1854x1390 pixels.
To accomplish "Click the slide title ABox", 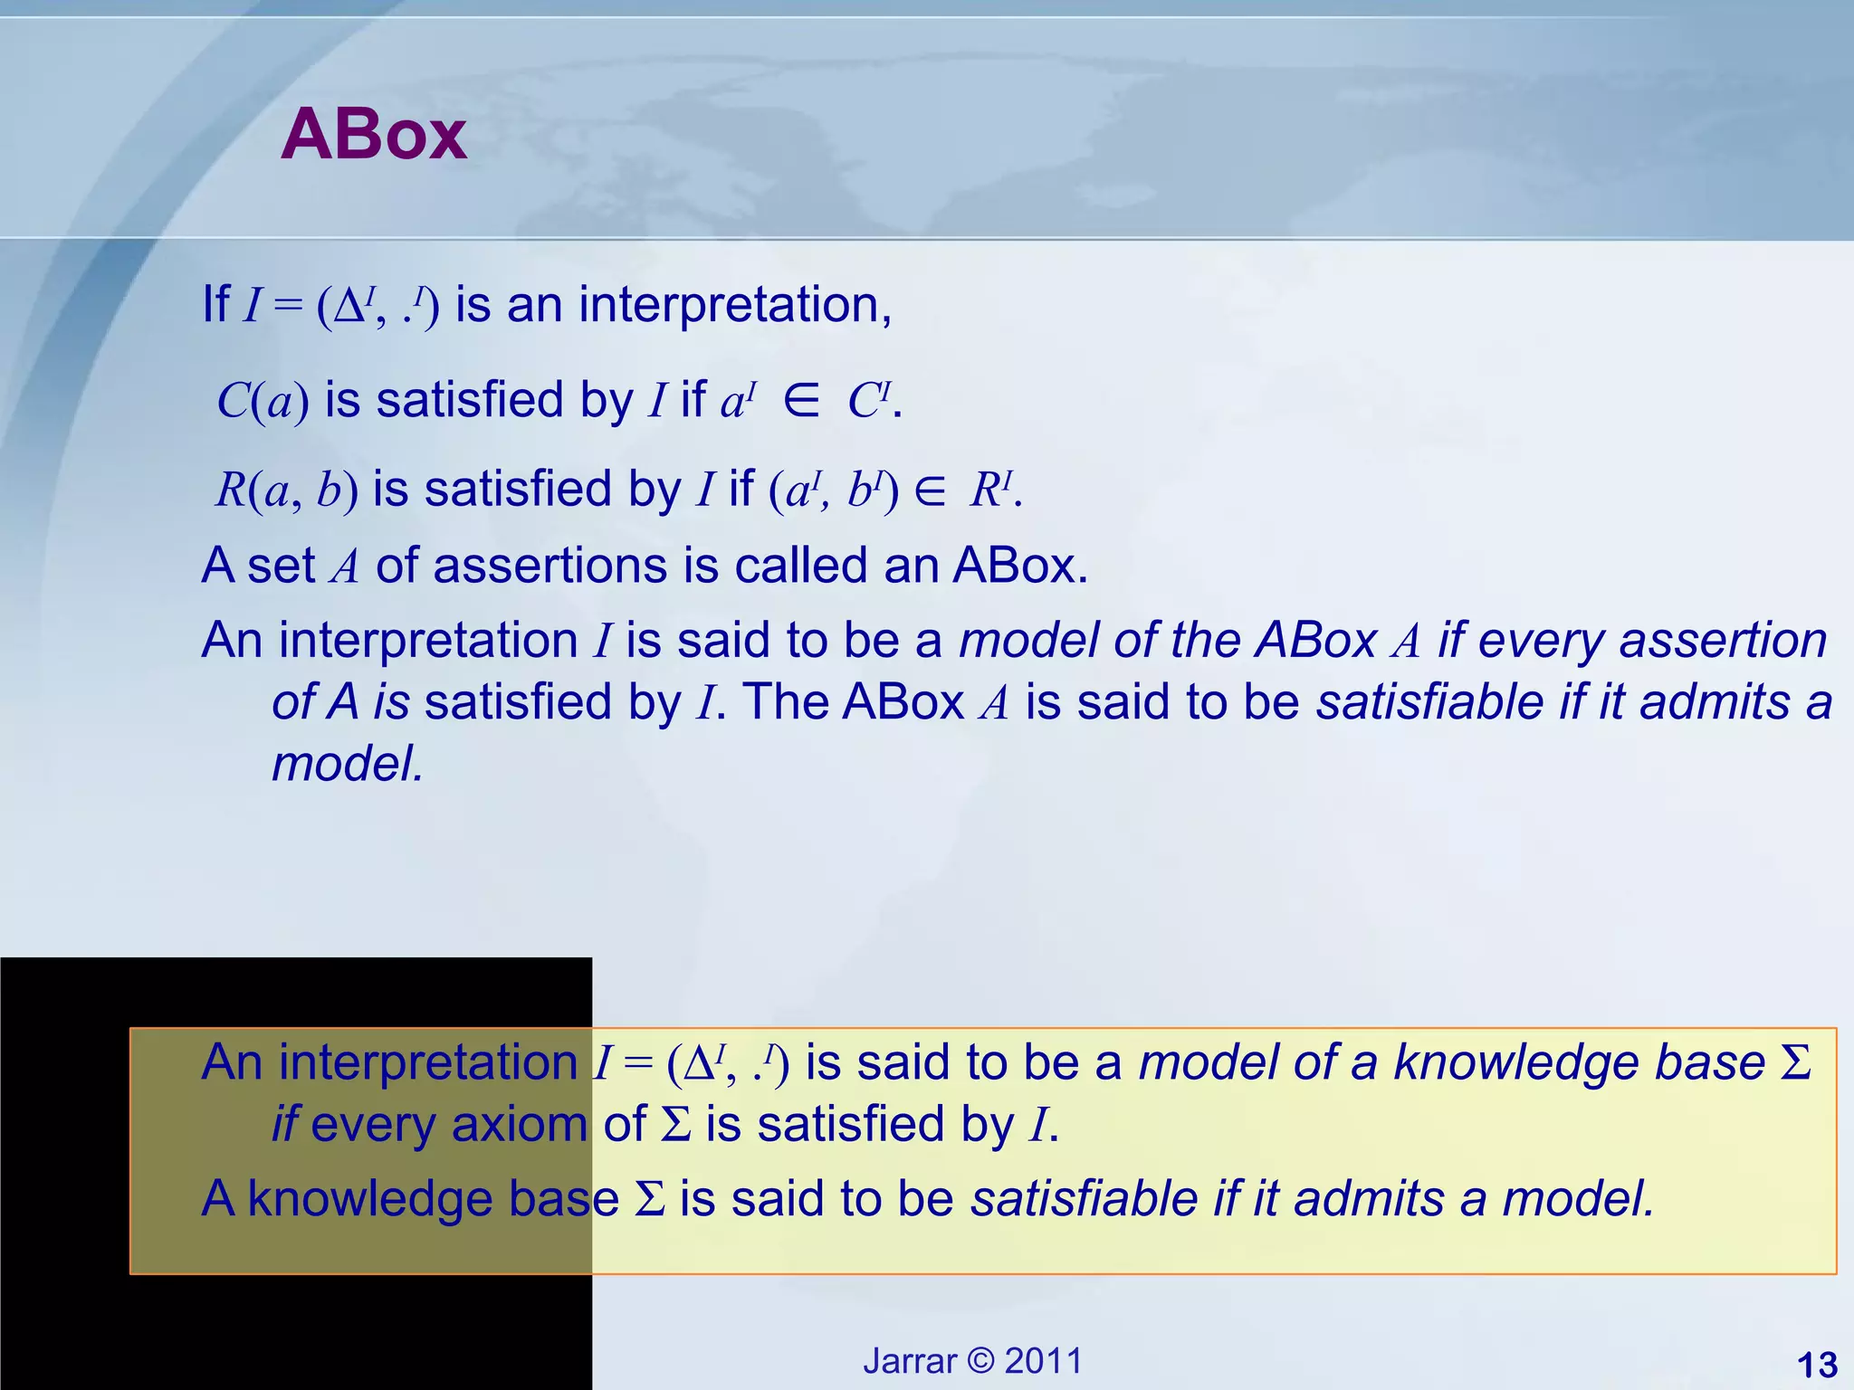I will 373,135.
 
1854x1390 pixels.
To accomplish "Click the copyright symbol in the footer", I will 980,1361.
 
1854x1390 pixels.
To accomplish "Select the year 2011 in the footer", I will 1044,1361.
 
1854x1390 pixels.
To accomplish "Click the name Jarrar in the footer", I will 910,1361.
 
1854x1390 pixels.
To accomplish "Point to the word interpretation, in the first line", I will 735,305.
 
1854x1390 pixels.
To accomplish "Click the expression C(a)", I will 263,401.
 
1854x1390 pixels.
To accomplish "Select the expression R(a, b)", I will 286,490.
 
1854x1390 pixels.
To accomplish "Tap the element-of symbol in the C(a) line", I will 801,401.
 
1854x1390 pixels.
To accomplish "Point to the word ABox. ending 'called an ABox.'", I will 1020,566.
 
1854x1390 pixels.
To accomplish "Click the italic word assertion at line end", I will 1723,640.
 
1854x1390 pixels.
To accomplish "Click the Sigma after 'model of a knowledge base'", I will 1795,1062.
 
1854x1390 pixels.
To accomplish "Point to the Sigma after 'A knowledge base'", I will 650,1199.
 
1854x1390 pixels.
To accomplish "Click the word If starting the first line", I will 215,305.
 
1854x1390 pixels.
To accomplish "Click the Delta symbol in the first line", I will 349,308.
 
